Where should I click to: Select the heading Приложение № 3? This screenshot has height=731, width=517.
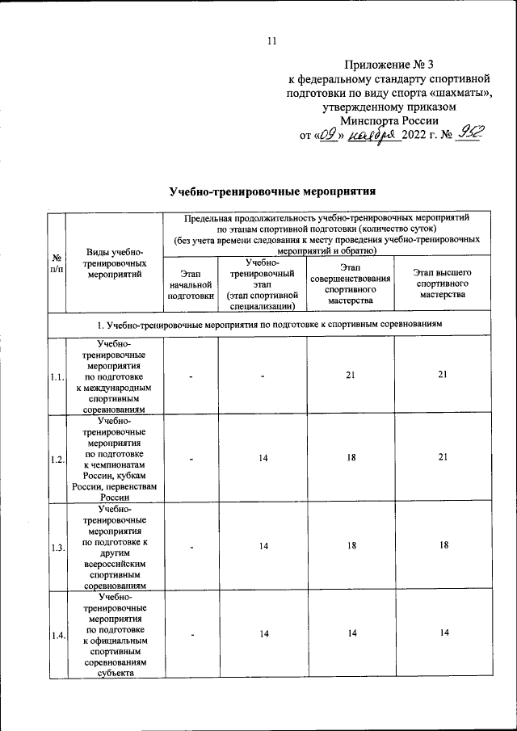pyautogui.click(x=393, y=64)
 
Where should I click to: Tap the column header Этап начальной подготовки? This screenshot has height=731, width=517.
pyautogui.click(x=191, y=285)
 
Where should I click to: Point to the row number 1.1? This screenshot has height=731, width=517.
pyautogui.click(x=57, y=377)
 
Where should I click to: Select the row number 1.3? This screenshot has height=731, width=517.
pyautogui.click(x=57, y=548)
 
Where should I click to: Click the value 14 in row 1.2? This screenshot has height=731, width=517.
pyautogui.click(x=263, y=458)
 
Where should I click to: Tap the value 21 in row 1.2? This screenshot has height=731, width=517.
pyautogui.click(x=443, y=458)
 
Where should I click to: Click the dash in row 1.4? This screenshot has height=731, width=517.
pyautogui.click(x=191, y=635)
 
